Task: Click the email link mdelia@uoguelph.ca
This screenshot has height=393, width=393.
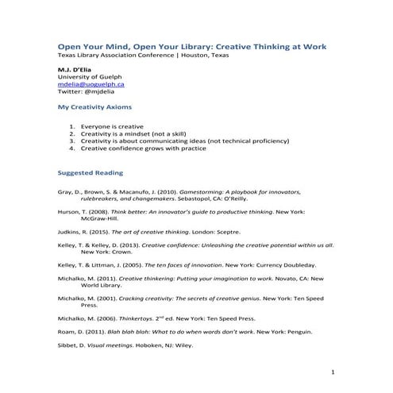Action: [91, 83]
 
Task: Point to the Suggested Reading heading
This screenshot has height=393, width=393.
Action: [91, 171]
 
